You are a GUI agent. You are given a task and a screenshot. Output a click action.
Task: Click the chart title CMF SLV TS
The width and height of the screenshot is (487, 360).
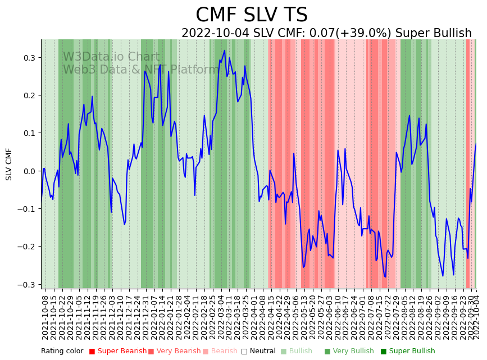[x=251, y=15]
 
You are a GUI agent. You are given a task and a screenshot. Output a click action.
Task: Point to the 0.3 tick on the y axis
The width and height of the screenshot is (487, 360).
[x=29, y=58]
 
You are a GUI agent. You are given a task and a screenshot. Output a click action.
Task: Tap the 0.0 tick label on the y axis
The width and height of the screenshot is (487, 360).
[x=29, y=171]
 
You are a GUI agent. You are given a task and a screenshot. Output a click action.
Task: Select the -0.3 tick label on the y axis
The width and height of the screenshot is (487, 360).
[x=28, y=284]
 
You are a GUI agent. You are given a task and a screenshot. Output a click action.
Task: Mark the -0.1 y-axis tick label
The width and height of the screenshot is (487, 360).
[x=28, y=209]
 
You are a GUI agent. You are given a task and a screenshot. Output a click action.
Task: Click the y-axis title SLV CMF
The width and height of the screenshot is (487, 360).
[x=9, y=164]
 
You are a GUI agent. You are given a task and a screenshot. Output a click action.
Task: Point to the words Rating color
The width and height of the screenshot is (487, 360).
[x=62, y=351]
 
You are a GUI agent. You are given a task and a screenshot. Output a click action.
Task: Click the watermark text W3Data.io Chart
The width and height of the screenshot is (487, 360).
[x=111, y=57]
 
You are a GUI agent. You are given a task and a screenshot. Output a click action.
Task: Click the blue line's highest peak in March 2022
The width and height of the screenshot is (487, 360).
[x=225, y=51]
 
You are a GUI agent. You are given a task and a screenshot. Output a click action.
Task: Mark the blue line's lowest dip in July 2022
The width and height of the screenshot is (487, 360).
[x=385, y=277]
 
